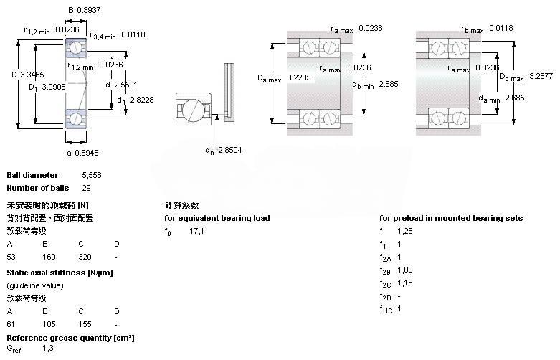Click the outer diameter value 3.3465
click(32, 75)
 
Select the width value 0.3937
click(90, 10)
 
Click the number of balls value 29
click(87, 188)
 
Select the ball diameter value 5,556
click(92, 175)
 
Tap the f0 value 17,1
click(197, 231)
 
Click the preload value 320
click(85, 257)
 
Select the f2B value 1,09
click(405, 270)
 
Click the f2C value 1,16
click(405, 283)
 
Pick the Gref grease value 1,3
click(48, 348)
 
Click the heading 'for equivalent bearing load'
click(217, 218)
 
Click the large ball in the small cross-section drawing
click(194, 111)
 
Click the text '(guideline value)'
click(35, 285)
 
